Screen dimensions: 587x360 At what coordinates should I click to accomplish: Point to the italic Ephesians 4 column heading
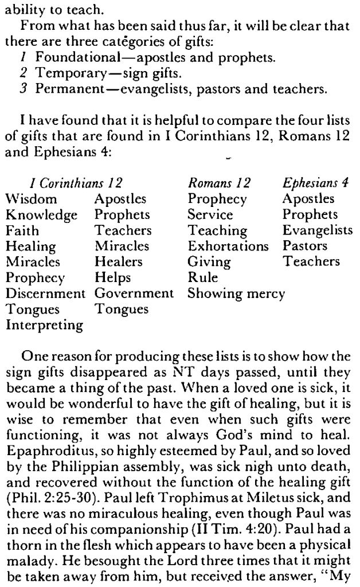coord(316,183)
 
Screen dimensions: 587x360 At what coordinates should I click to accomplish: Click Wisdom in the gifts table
coord(32,199)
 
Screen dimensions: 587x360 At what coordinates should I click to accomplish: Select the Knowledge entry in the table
coord(41,215)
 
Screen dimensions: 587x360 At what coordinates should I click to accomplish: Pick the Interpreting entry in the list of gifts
coord(45,325)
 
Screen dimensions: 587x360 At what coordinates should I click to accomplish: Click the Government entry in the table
coord(134,293)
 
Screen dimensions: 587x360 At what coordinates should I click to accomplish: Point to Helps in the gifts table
coord(113,278)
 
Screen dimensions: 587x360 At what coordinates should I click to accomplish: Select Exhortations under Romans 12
coord(228,246)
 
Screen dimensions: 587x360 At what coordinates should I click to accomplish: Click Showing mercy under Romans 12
coord(236,293)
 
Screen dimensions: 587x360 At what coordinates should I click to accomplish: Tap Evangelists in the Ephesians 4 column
coord(318,230)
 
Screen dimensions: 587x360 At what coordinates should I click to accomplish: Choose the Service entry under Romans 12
coord(210,215)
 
